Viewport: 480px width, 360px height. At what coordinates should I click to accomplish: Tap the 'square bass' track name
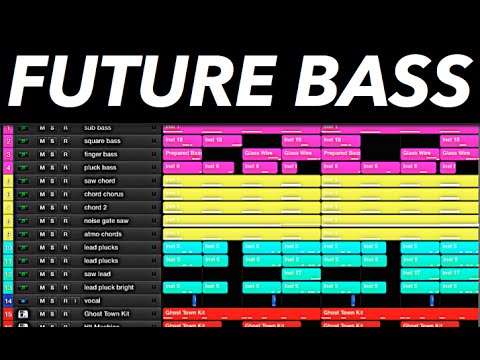coord(102,141)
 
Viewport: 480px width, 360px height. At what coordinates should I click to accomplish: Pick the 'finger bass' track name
coord(101,154)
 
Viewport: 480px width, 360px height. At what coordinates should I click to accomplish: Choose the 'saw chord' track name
coord(100,180)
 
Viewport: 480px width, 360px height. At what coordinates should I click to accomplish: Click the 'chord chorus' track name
coord(104,193)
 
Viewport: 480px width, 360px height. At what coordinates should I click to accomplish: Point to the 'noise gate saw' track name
coord(107,220)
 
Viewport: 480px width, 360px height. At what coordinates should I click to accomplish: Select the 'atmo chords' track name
coord(103,233)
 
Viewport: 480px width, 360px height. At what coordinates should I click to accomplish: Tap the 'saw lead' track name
coord(98,273)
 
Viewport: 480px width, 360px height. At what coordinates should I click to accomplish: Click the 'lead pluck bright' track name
coord(109,286)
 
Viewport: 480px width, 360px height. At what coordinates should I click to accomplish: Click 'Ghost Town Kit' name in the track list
coord(109,313)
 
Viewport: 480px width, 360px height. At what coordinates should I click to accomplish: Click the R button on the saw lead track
coord(66,273)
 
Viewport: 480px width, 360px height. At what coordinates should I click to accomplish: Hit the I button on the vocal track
coord(76,299)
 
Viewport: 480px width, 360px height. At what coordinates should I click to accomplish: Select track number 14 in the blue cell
coord(8,299)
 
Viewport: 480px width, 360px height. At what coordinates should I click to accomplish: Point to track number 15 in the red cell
coord(8,313)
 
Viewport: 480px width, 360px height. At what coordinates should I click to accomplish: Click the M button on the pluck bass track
coord(42,167)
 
